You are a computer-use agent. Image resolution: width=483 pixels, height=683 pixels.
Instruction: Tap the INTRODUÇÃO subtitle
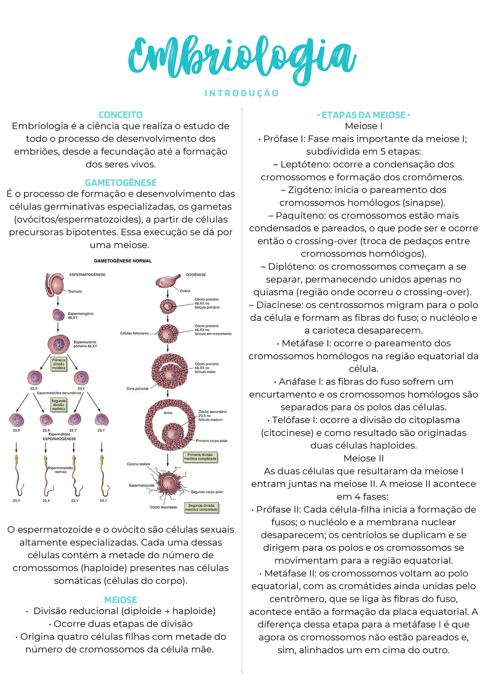(x=241, y=93)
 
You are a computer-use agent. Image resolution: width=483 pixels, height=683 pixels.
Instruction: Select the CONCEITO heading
(x=120, y=115)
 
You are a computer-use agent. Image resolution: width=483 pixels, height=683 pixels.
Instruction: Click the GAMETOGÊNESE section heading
(x=120, y=183)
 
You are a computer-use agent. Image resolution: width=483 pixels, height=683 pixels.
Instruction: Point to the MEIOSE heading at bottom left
(x=120, y=600)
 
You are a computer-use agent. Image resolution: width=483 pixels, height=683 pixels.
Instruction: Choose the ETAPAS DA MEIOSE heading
(x=363, y=115)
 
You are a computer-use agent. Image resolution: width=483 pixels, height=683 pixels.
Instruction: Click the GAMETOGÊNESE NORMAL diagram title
(x=123, y=261)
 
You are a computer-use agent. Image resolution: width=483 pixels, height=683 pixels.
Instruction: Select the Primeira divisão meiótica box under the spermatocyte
(x=59, y=364)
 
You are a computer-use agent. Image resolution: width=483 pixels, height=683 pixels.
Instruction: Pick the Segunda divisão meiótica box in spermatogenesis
(x=58, y=405)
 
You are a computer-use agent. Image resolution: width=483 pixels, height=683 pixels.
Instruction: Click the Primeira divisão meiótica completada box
(x=200, y=457)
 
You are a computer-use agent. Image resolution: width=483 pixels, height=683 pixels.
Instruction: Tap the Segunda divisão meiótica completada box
(x=201, y=508)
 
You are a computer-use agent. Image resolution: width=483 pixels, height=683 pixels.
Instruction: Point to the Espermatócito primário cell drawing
(x=59, y=344)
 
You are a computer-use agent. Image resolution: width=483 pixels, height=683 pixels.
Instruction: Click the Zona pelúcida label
(x=137, y=388)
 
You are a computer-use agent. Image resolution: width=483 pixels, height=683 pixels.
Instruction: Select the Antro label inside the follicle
(x=168, y=413)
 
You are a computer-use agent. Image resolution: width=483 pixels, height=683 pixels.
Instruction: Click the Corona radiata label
(x=138, y=464)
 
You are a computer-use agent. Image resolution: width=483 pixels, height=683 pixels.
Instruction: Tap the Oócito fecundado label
(x=163, y=507)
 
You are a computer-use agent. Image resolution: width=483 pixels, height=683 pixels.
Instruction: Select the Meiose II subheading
(x=363, y=458)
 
